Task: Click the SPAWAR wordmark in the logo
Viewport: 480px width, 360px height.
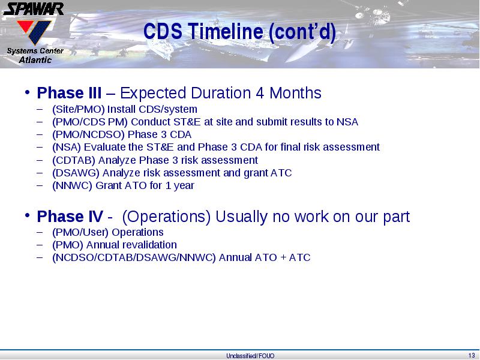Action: click(34, 9)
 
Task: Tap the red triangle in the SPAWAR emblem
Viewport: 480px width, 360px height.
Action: click(25, 26)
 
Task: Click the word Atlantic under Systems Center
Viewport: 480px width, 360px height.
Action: click(35, 59)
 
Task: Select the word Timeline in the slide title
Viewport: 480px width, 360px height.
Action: click(226, 31)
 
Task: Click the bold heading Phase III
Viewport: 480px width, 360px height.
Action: click(69, 93)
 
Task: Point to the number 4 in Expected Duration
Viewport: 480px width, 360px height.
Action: click(260, 93)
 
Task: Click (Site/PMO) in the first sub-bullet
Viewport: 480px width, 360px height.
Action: click(79, 109)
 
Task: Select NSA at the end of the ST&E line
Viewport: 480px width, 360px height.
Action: click(347, 122)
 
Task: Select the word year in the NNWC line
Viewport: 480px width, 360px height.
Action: click(184, 186)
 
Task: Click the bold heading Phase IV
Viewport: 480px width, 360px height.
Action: click(70, 217)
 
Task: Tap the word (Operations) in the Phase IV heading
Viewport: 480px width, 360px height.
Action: click(166, 217)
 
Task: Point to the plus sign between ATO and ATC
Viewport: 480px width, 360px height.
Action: click(283, 257)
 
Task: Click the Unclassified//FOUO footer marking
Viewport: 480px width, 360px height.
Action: click(250, 356)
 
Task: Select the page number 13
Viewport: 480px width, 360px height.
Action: click(472, 355)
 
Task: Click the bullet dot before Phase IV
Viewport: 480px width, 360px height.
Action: click(28, 215)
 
